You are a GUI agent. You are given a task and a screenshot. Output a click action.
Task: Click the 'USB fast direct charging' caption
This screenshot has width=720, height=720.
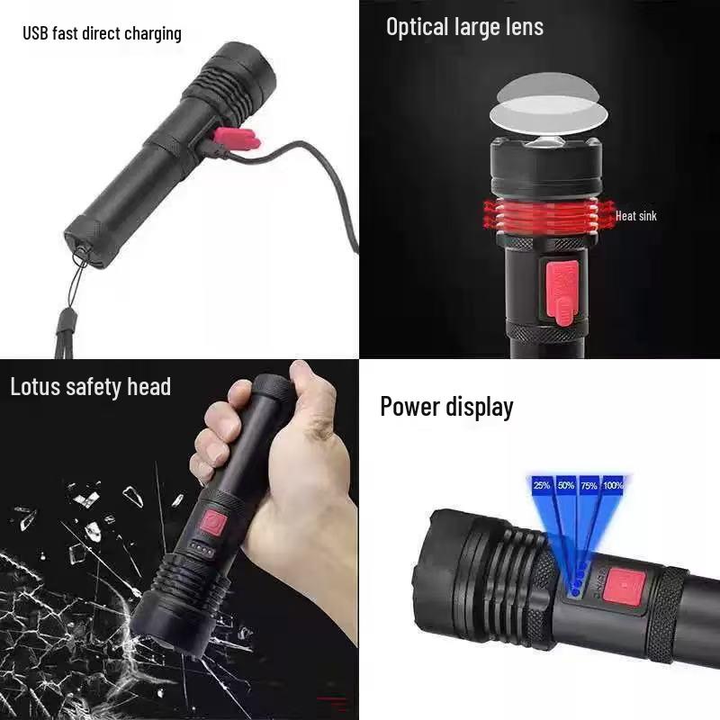[x=102, y=34]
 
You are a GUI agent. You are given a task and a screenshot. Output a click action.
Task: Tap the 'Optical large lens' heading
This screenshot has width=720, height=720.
[x=464, y=27]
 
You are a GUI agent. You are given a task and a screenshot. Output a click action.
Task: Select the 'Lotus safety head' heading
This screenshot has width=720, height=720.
[x=90, y=387]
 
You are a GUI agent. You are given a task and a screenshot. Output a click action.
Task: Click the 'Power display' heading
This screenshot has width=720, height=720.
[x=446, y=407]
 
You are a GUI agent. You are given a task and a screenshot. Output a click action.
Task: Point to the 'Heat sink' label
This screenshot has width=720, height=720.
[x=635, y=216]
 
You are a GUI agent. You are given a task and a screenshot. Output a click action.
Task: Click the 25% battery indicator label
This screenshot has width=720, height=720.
[x=542, y=485]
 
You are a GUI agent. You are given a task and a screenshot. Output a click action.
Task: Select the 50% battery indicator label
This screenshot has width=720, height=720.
[x=566, y=485]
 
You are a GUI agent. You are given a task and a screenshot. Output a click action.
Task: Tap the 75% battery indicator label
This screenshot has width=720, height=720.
[x=589, y=485]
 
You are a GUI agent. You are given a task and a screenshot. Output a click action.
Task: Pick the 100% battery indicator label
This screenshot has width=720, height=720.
[x=613, y=485]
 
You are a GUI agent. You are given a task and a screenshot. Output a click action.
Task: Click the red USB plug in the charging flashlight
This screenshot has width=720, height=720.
[x=237, y=139]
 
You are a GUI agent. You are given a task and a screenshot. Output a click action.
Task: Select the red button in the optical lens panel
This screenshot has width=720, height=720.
[x=562, y=291]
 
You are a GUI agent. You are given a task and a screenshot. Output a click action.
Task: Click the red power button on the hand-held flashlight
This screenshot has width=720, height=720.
[x=213, y=521]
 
